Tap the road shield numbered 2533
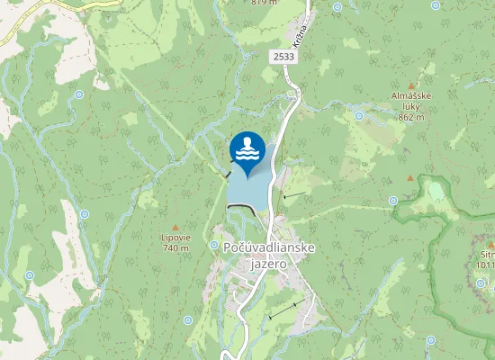coord(283,57)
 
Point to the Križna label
coord(301,36)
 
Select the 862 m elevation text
coord(410,117)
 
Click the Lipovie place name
coord(175,238)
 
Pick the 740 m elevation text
coord(175,247)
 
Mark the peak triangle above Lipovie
coord(175,227)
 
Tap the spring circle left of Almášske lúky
coord(359,115)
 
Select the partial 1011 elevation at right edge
coord(486,265)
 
